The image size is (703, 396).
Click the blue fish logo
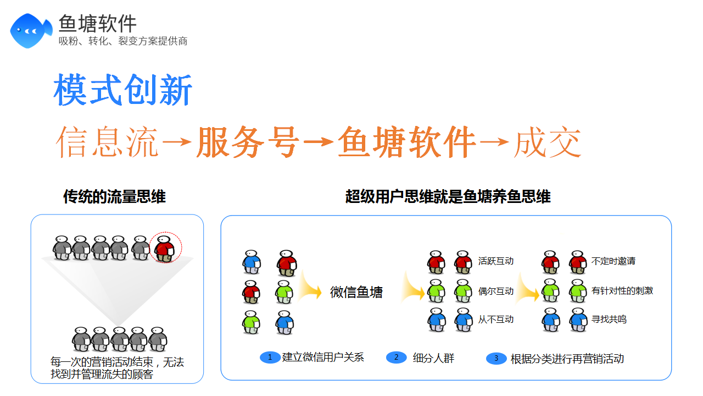31,31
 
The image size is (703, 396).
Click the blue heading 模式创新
122,90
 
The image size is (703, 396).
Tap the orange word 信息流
107,142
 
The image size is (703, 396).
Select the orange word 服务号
248,142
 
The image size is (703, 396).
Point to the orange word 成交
548,142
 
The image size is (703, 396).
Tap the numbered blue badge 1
270,358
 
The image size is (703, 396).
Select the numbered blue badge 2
397,358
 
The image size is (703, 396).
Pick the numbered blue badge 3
496,358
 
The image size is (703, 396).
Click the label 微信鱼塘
356,292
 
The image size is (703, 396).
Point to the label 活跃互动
496,261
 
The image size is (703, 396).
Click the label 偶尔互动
496,291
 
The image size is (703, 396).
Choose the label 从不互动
496,320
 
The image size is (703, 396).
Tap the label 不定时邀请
613,261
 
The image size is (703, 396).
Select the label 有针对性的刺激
622,291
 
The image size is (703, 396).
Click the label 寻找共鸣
609,320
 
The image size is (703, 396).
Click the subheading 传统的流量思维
115,197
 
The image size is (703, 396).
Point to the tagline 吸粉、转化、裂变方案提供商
123,41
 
